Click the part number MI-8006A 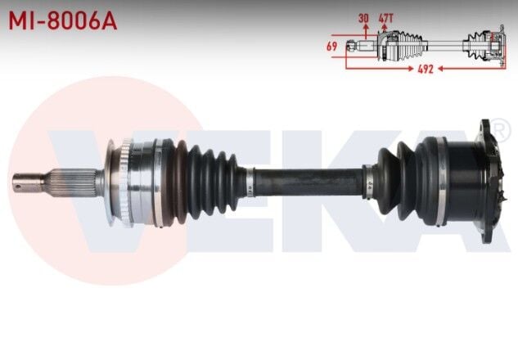coord(63,20)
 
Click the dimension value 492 coord(424,70)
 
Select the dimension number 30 coord(363,17)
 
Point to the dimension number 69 coord(331,47)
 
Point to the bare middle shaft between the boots coord(307,181)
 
